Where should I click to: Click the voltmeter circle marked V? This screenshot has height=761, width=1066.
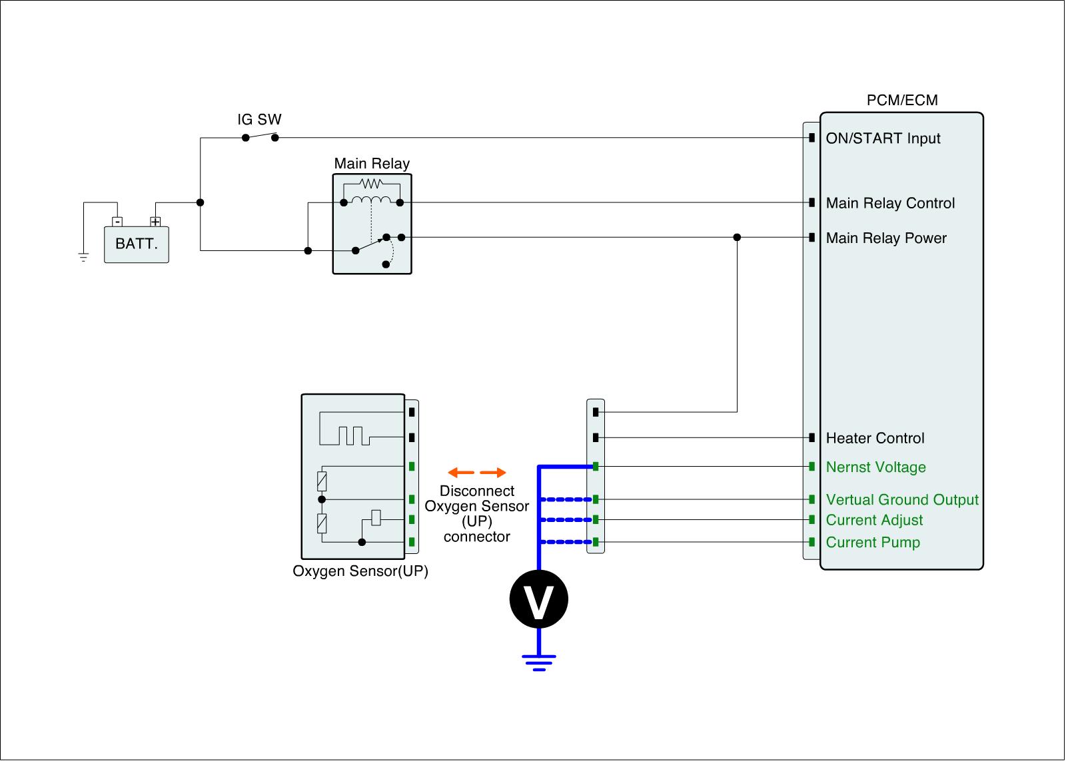point(538,599)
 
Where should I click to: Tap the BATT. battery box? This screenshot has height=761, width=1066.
point(137,244)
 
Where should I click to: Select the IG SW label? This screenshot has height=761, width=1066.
point(259,120)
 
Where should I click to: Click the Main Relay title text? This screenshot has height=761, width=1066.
point(372,164)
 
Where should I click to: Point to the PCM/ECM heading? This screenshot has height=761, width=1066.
point(901,101)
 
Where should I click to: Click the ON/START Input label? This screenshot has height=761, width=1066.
point(883,138)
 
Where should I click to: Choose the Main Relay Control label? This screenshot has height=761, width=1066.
point(890,203)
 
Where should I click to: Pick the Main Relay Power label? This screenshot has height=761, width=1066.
point(886,238)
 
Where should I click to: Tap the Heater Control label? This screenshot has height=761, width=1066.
point(875,438)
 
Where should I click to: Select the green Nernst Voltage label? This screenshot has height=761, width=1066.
point(875,467)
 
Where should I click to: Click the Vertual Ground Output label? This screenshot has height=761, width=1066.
point(902,500)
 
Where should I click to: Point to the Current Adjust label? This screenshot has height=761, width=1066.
point(874,521)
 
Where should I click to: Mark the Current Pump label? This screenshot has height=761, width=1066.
point(873,543)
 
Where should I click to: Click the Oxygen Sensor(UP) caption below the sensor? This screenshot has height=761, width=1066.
point(360,571)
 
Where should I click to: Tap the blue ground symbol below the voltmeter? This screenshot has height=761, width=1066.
point(538,662)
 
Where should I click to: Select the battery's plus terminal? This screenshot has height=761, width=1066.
point(155,222)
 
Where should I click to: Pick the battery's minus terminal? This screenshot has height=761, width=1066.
point(117,222)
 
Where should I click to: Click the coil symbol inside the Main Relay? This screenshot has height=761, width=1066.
point(371,201)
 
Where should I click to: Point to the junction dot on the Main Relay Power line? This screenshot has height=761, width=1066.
point(737,238)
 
